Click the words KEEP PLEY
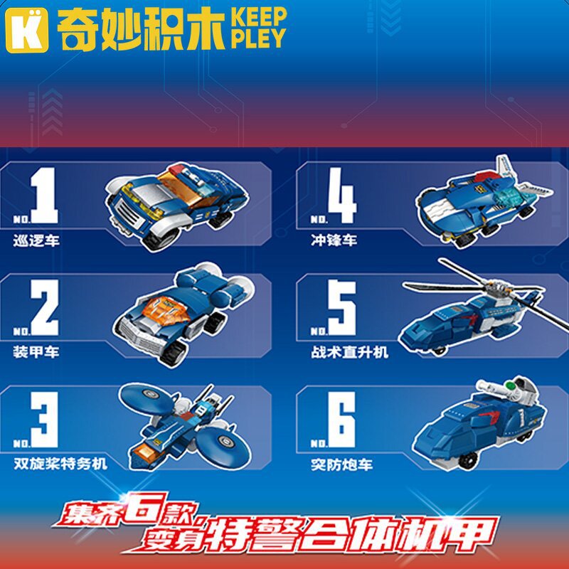(257, 28)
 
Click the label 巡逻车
(36, 240)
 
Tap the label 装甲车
(36, 351)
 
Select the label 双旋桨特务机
(60, 464)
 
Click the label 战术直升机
(350, 351)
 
